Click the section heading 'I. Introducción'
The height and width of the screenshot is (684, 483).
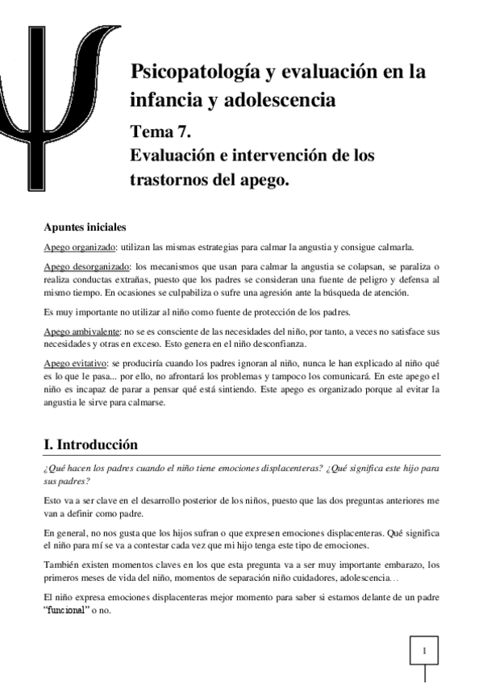coord(91,444)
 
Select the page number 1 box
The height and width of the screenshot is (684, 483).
coord(425,650)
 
